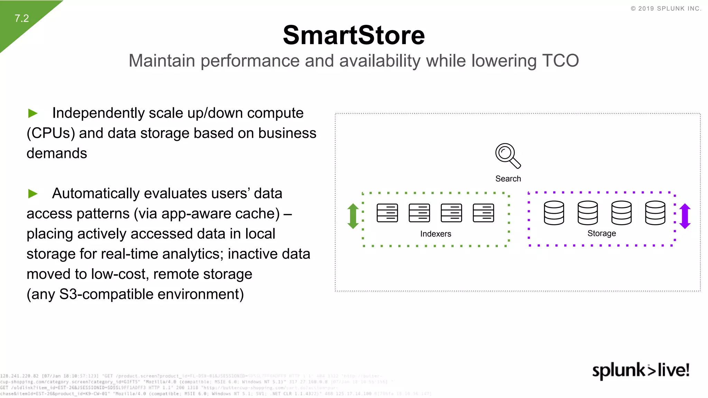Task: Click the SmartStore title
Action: [x=354, y=35]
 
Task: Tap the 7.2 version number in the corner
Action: [x=21, y=18]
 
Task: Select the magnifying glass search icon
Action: [x=507, y=156]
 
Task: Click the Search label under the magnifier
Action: [x=508, y=179]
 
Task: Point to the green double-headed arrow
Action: [x=353, y=216]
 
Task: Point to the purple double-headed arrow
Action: [x=685, y=216]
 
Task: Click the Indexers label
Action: [x=436, y=234]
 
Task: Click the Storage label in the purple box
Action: [x=602, y=234]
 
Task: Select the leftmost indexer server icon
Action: [x=387, y=213]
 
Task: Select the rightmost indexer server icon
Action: [x=483, y=213]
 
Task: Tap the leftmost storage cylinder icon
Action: [x=554, y=213]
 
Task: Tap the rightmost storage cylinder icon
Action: [x=655, y=213]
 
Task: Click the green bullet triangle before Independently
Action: [x=33, y=113]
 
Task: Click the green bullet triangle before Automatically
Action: [x=33, y=193]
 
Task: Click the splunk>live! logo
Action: [x=641, y=370]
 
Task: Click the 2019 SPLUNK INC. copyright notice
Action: [x=666, y=9]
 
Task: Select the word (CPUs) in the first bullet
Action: [x=51, y=133]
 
